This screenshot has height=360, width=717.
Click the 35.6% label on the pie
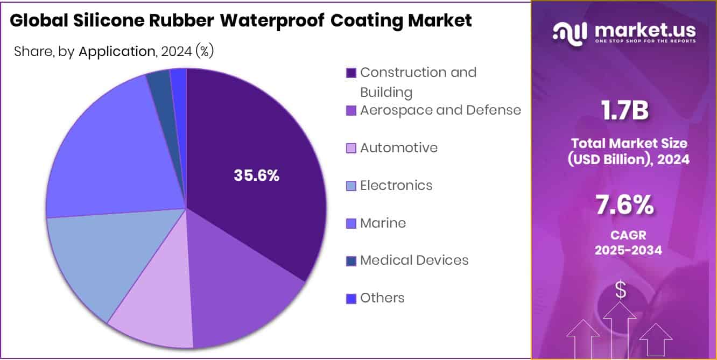(256, 175)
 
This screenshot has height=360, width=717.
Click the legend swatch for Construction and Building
(351, 73)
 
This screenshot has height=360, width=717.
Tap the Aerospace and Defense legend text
(440, 110)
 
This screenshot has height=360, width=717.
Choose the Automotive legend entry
(398, 148)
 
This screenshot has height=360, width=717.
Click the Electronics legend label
(396, 186)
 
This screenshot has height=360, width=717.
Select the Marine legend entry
(383, 223)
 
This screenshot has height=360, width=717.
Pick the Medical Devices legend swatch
(351, 261)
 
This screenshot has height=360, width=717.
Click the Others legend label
(382, 298)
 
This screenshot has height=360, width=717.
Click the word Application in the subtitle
(117, 52)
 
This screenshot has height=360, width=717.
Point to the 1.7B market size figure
(624, 111)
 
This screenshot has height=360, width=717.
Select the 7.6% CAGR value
(624, 205)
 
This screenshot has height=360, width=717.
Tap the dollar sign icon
(621, 290)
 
